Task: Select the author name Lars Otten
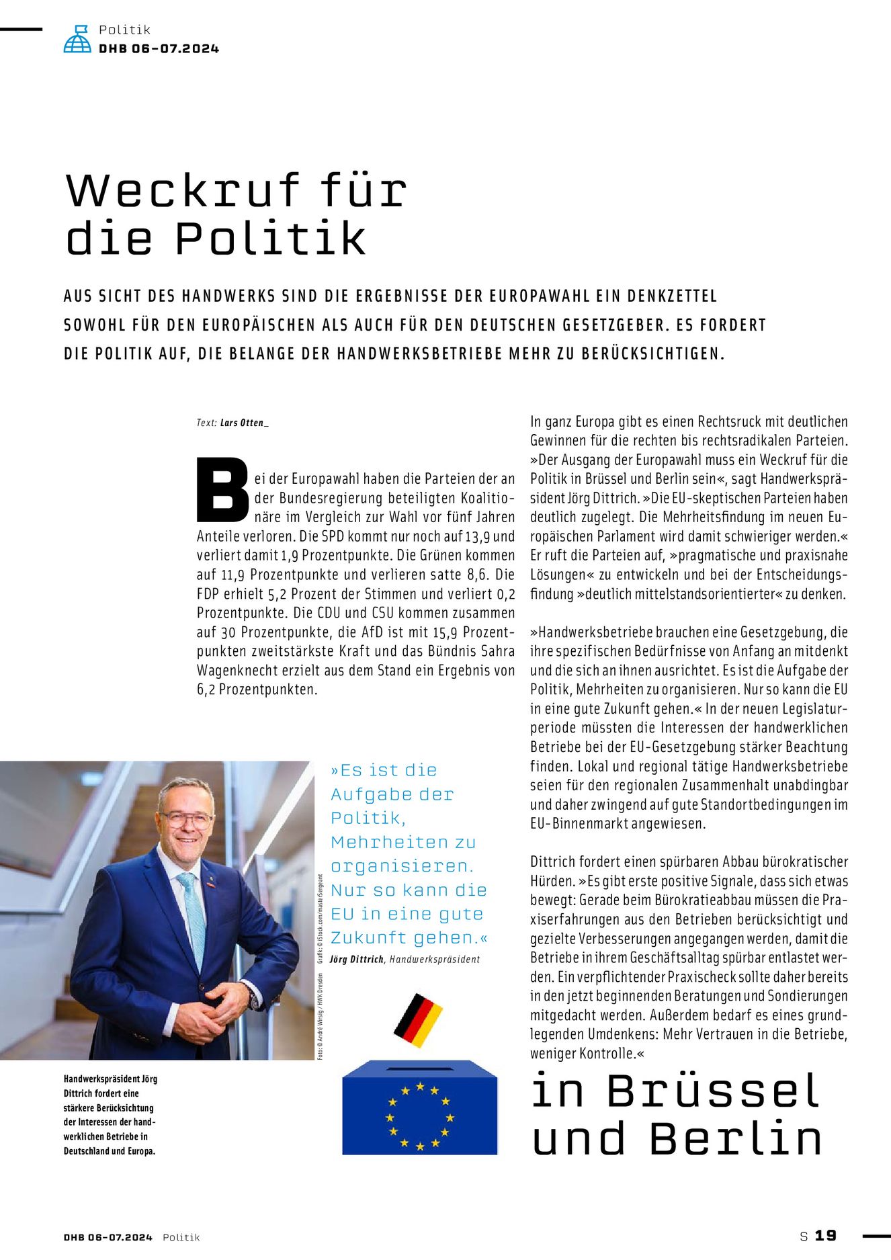pyautogui.click(x=243, y=423)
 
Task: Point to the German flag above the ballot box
pyautogui.click(x=418, y=1019)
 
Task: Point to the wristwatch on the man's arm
pyautogui.click(x=254, y=998)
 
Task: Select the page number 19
pyautogui.click(x=826, y=1235)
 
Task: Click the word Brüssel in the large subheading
pyautogui.click(x=713, y=1091)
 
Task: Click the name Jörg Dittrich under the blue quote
pyautogui.click(x=357, y=959)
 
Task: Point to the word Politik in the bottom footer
pyautogui.click(x=181, y=1237)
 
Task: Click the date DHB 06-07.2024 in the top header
pyautogui.click(x=159, y=48)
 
